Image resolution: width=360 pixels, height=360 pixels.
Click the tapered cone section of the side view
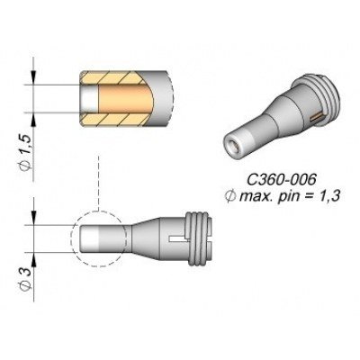point(144,238)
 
